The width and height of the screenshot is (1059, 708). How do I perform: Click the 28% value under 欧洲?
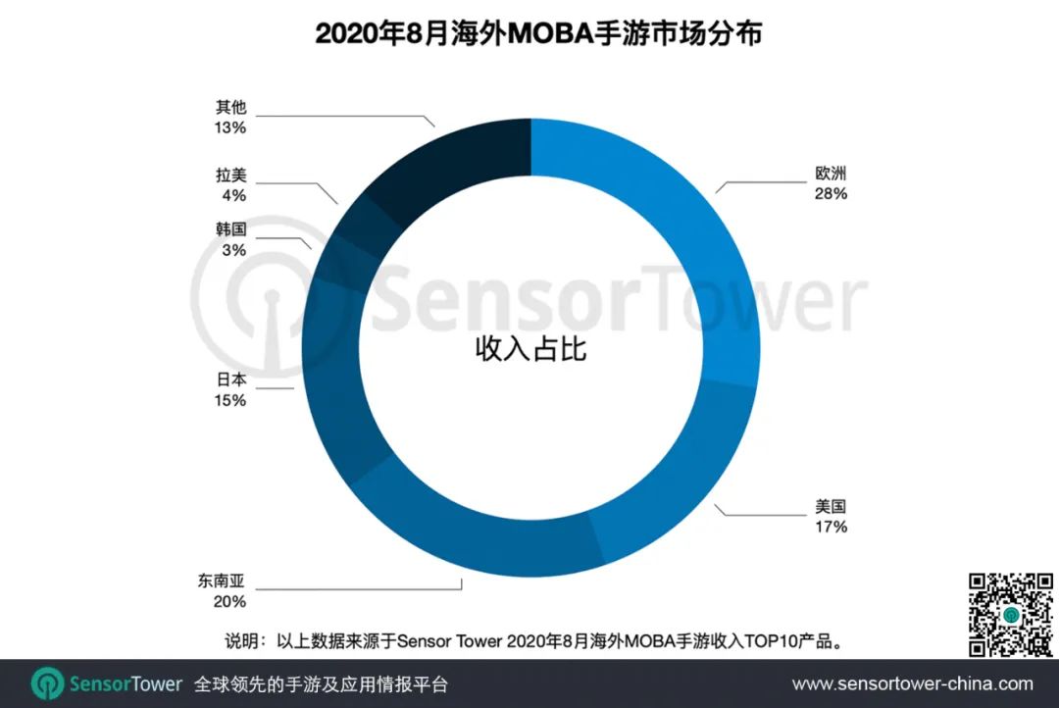point(830,194)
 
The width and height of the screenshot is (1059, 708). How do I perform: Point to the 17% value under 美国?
point(830,528)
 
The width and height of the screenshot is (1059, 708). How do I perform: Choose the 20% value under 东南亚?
point(231,602)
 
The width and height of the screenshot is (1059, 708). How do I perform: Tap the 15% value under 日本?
point(231,400)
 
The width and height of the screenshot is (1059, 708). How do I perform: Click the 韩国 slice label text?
point(231,230)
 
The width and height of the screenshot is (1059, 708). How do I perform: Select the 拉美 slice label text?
point(231,177)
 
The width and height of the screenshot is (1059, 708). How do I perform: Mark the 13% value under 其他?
point(231,127)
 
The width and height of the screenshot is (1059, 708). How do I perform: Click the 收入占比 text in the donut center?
point(530,348)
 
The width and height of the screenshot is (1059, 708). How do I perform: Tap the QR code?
point(1011,614)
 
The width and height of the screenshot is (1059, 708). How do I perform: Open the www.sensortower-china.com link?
point(912,683)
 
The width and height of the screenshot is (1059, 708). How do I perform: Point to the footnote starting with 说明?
point(535,642)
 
